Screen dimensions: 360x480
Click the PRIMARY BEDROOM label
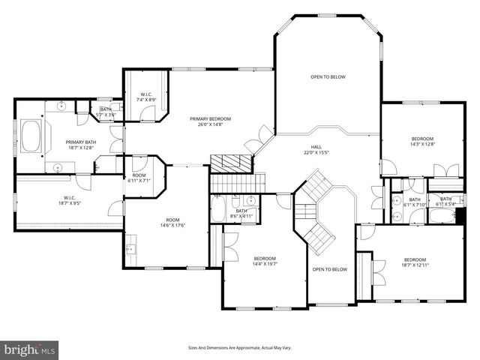(x=210, y=122)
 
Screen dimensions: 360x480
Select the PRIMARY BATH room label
(x=80, y=145)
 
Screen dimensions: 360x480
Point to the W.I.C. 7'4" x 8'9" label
(x=145, y=97)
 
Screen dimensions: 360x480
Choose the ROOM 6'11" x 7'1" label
(x=139, y=178)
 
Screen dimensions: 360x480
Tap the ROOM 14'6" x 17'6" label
(x=167, y=222)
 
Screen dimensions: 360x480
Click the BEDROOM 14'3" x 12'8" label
(x=422, y=142)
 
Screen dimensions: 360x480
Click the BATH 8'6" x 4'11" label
(x=241, y=213)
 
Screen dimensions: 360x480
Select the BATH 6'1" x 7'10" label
(x=415, y=202)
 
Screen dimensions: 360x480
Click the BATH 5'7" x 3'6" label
(x=106, y=112)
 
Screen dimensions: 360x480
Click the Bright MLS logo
(x=30, y=349)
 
